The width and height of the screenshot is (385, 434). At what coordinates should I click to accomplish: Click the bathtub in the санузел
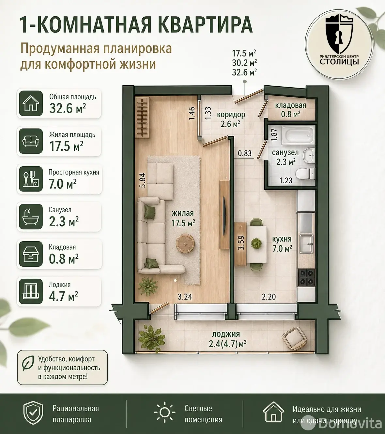298,135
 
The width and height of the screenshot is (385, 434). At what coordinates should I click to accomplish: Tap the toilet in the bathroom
305,174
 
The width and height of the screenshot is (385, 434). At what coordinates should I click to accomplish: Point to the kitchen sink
306,243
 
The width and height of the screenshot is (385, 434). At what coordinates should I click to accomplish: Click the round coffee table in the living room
185,243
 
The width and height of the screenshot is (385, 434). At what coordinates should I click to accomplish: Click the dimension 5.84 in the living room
142,180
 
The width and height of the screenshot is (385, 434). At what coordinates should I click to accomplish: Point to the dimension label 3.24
185,297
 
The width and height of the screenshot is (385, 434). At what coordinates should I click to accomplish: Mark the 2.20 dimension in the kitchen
269,297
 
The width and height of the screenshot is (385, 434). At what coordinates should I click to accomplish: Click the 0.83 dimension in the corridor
245,153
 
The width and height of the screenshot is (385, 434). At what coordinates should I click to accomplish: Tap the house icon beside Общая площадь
31,103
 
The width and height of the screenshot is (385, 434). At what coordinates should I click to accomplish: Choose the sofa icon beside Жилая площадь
31,141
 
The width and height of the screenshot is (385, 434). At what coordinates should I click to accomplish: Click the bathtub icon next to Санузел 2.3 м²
31,217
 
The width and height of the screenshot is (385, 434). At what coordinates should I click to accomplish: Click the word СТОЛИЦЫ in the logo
339,62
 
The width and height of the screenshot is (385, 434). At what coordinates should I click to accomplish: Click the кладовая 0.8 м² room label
290,110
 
